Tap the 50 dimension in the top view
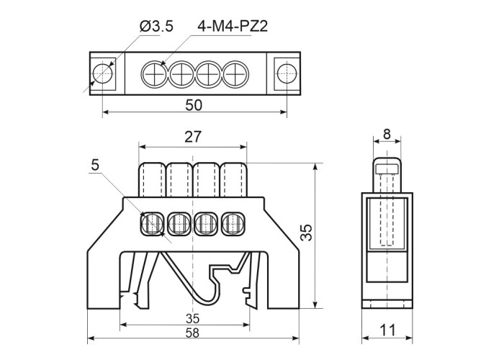tap(194, 104)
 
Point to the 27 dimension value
tap(193, 137)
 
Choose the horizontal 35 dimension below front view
tap(192, 318)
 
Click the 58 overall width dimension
tap(192, 332)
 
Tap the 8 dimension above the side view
tap(387, 134)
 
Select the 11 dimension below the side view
tap(387, 332)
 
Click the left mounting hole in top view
tap(102, 73)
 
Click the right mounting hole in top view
tap(287, 73)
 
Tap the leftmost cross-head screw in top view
tap(155, 73)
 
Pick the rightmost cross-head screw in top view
tap(233, 73)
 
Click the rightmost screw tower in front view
tap(233, 178)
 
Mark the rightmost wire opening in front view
tap(232, 223)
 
